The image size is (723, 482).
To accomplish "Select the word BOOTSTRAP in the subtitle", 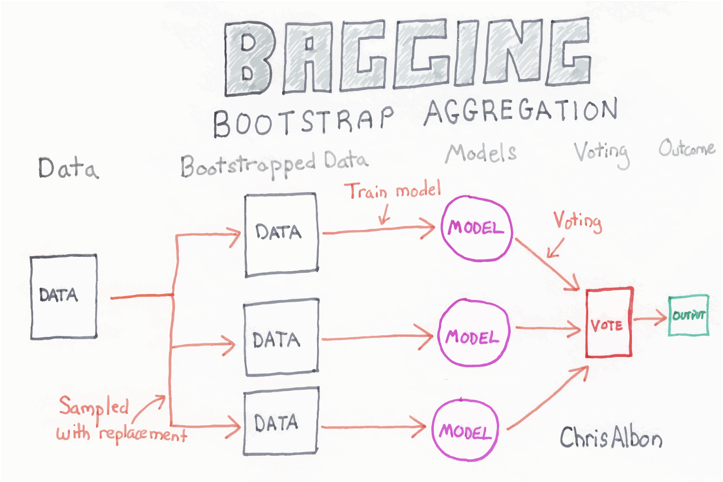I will point(304,120).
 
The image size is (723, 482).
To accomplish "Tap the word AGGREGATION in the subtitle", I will point(521,111).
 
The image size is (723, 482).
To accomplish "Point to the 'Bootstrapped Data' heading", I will point(274,164).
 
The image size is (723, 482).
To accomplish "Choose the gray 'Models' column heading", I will point(481,153).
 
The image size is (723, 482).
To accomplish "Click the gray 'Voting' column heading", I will point(602,152).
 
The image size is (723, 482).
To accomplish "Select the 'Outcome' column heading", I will point(686,149).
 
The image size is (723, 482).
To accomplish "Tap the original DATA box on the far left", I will point(64,297).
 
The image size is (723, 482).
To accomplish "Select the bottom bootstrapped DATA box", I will point(280,422).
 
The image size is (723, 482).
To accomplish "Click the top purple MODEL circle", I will point(476,228).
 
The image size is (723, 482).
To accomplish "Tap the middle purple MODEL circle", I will point(474,333).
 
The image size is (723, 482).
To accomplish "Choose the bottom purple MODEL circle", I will point(465,430).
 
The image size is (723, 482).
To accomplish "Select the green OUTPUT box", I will point(688,316).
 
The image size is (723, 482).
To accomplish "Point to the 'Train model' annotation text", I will point(392,191).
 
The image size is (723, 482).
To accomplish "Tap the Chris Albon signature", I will point(611,438).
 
